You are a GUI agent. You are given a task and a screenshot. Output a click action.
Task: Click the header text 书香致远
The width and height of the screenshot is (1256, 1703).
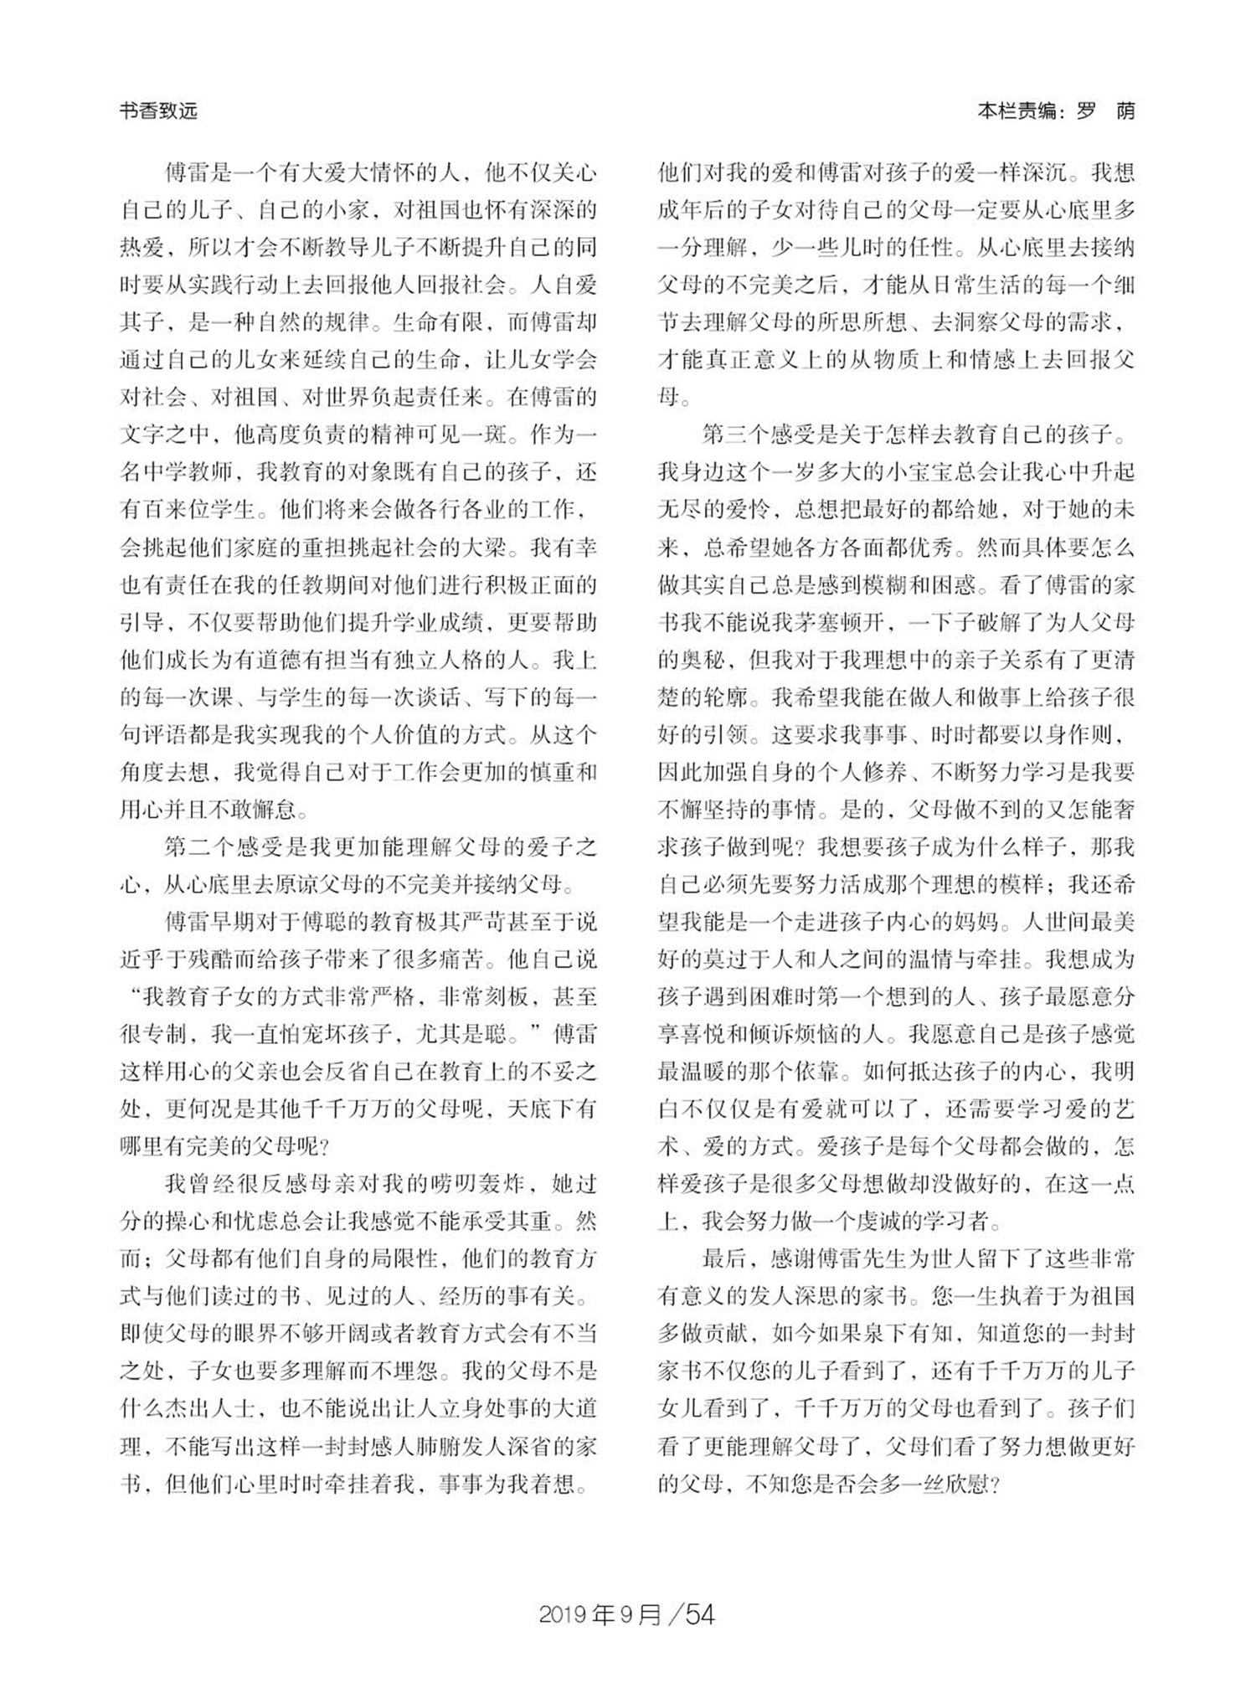pyautogui.click(x=158, y=111)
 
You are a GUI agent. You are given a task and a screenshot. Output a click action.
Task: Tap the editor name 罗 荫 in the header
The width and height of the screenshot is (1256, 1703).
pyautogui.click(x=1104, y=111)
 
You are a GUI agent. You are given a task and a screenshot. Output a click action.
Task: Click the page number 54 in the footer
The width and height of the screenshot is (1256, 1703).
pyautogui.click(x=699, y=1614)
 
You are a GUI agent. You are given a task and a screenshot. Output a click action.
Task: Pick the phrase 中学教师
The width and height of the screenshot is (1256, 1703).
pyautogui.click(x=188, y=472)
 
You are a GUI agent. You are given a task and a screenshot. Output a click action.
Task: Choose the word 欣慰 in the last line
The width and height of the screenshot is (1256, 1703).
pyautogui.click(x=955, y=1484)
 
